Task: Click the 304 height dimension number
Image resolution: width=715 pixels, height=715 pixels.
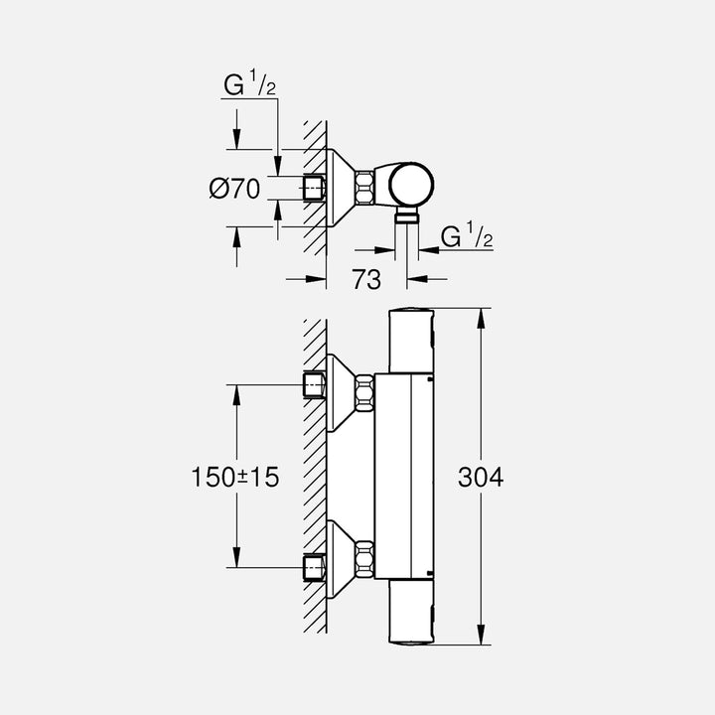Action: (481, 478)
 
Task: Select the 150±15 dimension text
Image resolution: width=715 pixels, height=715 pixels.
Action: (235, 478)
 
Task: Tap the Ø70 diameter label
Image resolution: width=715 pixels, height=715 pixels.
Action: (234, 187)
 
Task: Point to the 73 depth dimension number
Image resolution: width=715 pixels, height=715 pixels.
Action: (366, 281)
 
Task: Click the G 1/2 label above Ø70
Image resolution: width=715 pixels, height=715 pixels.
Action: (248, 88)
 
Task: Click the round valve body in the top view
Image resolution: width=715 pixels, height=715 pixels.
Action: (407, 185)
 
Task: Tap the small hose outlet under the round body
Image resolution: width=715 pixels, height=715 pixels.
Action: (407, 217)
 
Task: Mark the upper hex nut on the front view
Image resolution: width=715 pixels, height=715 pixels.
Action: (364, 392)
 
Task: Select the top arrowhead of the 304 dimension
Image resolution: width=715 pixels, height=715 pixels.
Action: (482, 316)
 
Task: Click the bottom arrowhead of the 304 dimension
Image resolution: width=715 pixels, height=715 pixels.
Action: (482, 639)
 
